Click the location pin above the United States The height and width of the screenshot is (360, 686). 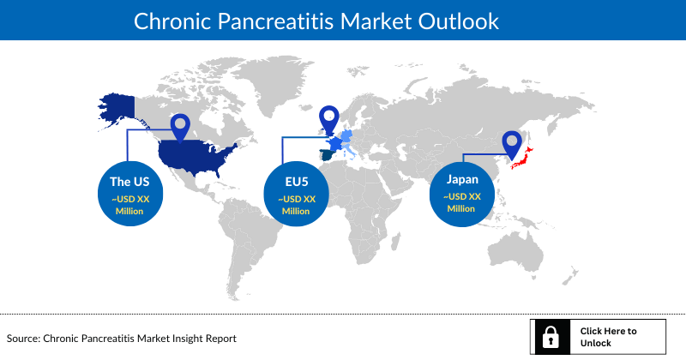click(x=180, y=128)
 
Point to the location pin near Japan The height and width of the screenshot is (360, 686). click(x=513, y=144)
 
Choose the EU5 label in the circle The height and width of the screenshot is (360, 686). click(x=296, y=183)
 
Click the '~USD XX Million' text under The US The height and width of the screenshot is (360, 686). click(x=129, y=205)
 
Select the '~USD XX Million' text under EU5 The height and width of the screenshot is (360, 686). click(x=296, y=205)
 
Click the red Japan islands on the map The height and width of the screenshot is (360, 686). click(x=529, y=159)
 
